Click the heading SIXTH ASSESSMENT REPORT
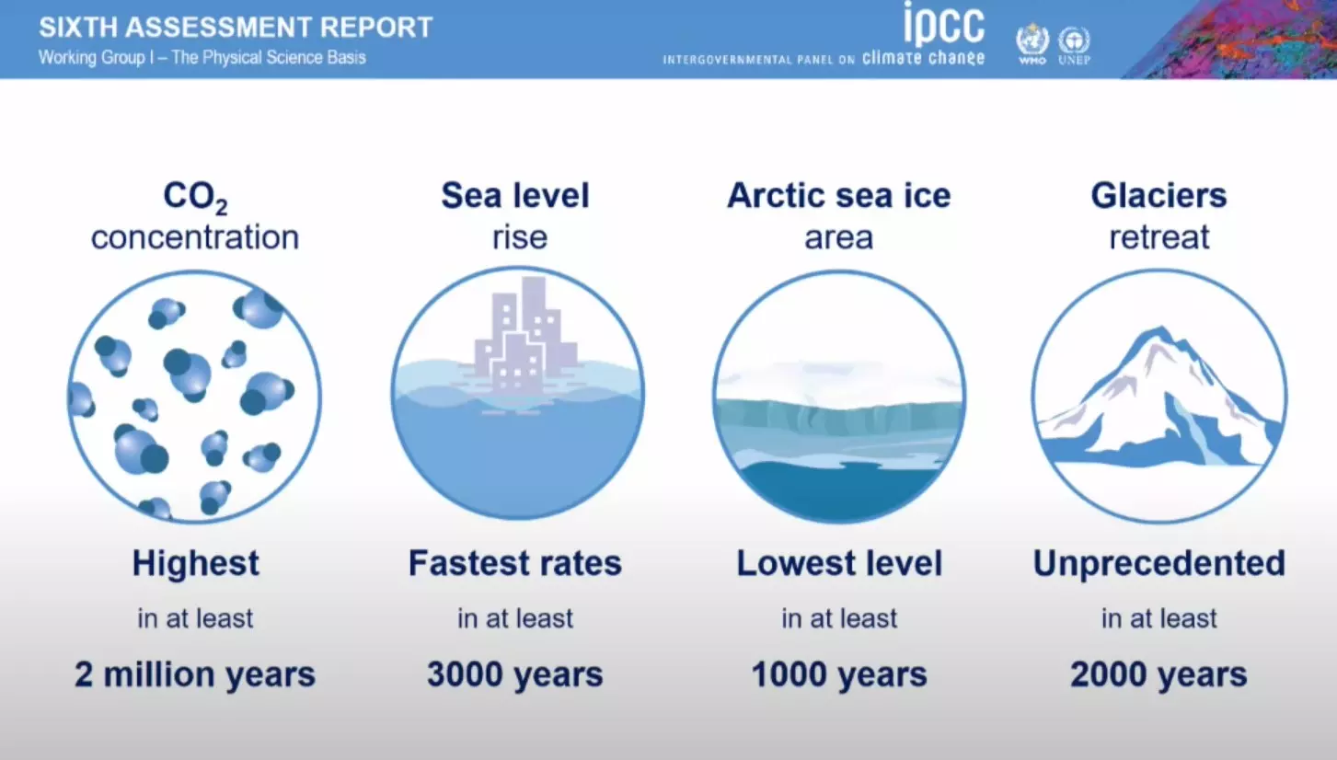coord(236,28)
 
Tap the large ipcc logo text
coord(944,24)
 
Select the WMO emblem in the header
coord(1032,43)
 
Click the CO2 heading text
coord(195,198)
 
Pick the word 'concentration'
coord(195,237)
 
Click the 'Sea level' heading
coord(515,195)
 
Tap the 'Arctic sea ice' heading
coord(838,195)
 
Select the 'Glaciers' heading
coord(1158,195)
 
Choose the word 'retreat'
coord(1159,237)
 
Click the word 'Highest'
coord(196,563)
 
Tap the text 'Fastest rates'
coord(515,563)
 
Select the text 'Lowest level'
coord(839,563)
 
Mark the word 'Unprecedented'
coord(1159,564)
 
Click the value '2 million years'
coord(195,674)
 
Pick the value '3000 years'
coord(515,674)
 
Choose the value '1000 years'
coord(839,674)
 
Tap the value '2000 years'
coord(1159,674)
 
